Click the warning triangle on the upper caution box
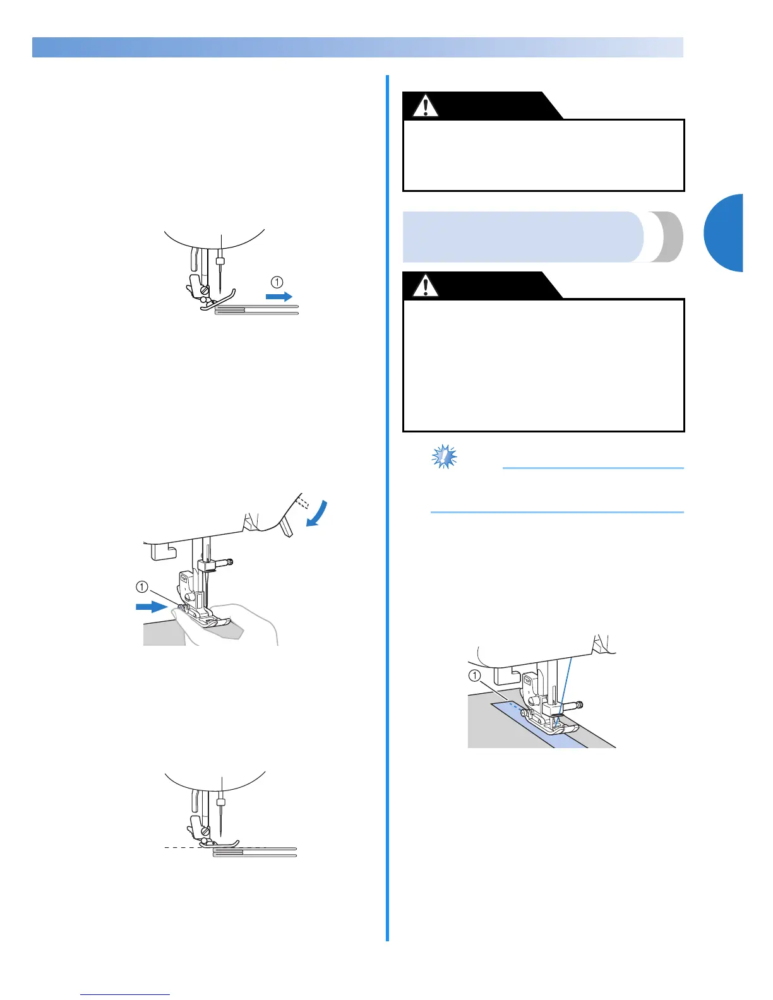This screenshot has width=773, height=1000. pos(426,107)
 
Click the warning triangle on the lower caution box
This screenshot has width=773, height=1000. pos(426,286)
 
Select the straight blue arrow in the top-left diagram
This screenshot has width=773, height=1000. pos(279,296)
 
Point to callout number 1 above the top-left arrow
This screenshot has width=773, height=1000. pos(278,282)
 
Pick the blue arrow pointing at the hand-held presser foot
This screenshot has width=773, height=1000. pos(152,607)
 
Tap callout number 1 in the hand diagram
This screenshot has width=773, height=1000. pos(142,587)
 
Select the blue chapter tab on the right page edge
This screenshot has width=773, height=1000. pos(725,233)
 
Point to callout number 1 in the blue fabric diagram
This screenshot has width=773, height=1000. pos(475,675)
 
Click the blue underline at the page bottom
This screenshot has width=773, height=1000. pos(125,995)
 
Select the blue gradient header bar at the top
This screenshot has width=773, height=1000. pos(357,47)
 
